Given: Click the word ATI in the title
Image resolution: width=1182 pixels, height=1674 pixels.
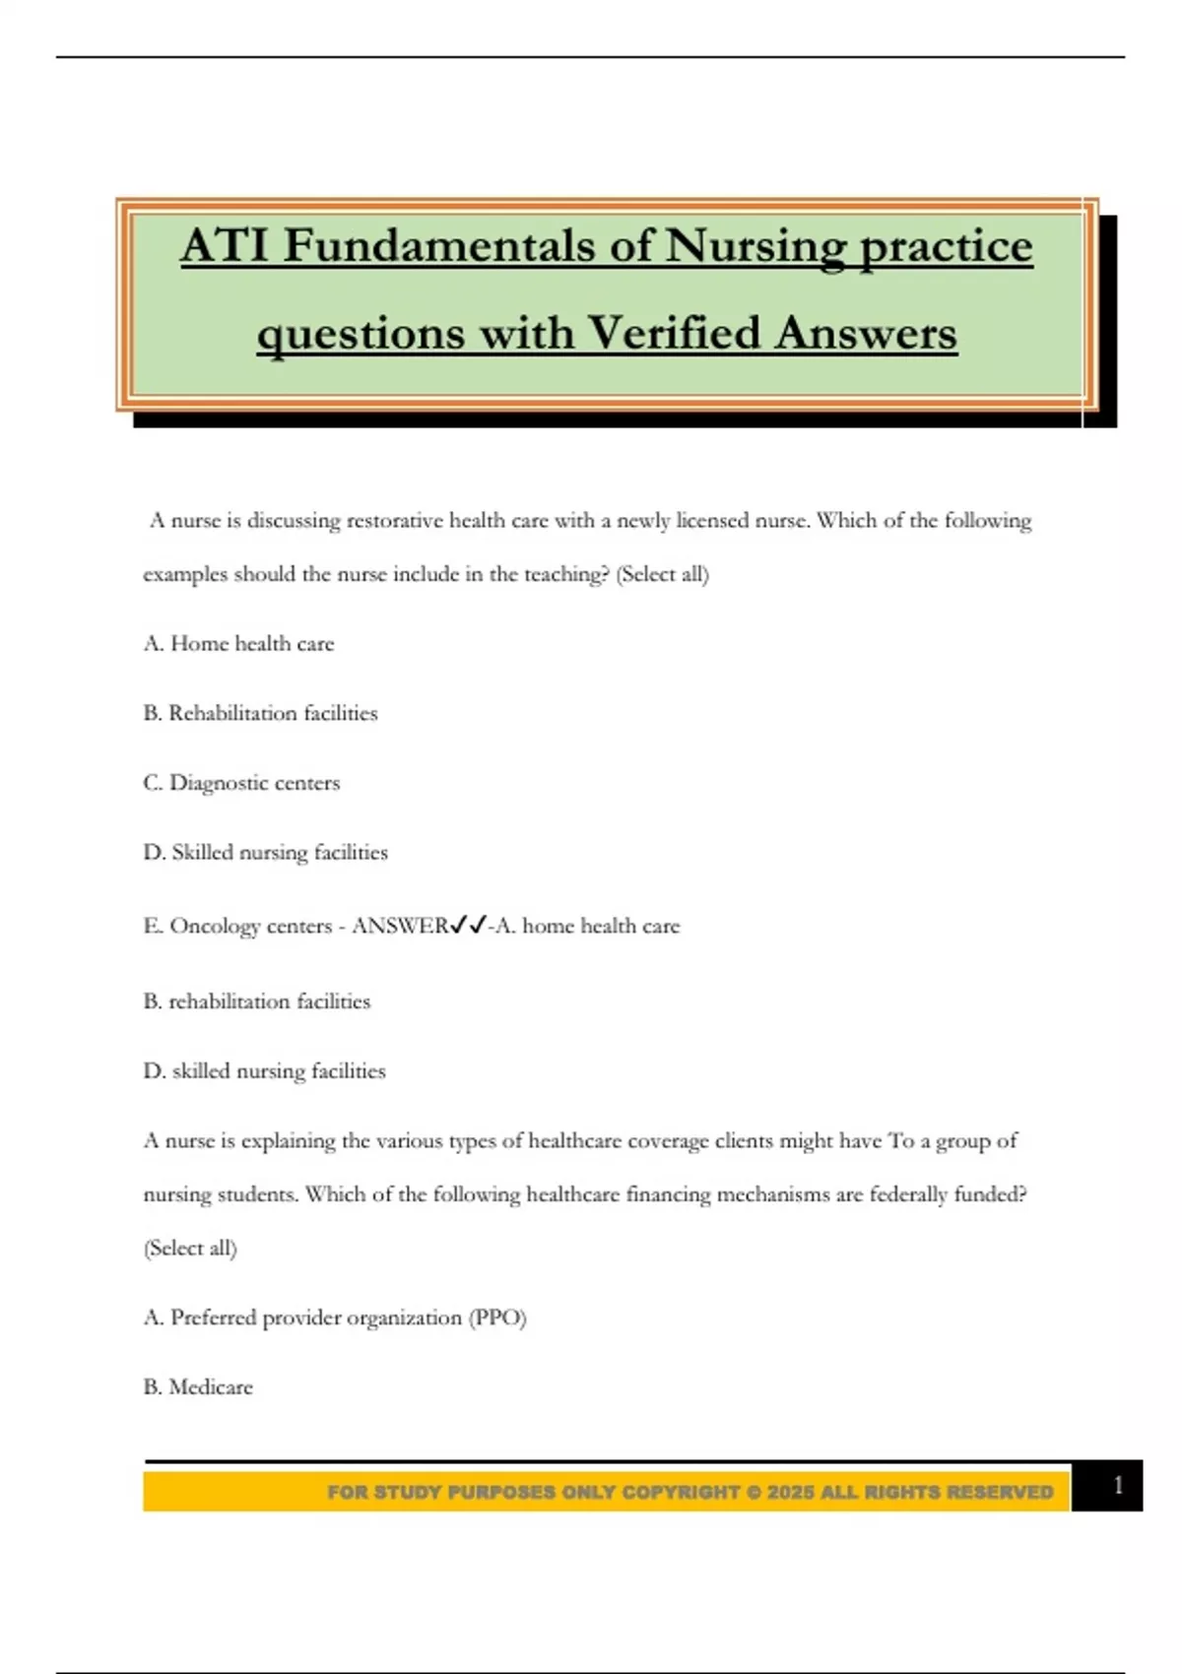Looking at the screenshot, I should pyautogui.click(x=224, y=245).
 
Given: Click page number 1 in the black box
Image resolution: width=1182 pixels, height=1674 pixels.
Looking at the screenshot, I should pyautogui.click(x=1117, y=1485).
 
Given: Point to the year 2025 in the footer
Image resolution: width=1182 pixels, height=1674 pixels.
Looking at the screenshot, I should pyautogui.click(x=791, y=1492).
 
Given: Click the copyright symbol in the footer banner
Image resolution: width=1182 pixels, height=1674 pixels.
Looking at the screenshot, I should pyautogui.click(x=754, y=1492).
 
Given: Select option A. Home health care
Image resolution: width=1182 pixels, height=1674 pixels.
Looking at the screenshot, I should pyautogui.click(x=239, y=643).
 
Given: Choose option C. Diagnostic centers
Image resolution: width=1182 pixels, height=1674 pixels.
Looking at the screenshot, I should pyautogui.click(x=241, y=783).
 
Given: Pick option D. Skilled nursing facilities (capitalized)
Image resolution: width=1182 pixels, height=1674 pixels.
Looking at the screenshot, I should pyautogui.click(x=265, y=852).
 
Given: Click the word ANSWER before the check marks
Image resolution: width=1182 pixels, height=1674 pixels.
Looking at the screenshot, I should pyautogui.click(x=400, y=926).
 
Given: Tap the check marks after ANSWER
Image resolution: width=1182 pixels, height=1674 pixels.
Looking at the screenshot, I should pyautogui.click(x=468, y=925).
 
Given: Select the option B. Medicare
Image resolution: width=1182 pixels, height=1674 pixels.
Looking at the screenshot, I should pyautogui.click(x=198, y=1386).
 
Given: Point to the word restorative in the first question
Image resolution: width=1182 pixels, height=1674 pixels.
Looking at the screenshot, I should pyautogui.click(x=394, y=520).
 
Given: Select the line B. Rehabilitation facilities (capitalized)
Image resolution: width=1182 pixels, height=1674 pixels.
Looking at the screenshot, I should pyautogui.click(x=260, y=713).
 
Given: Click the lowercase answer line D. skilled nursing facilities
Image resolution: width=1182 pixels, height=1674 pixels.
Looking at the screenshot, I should pyautogui.click(x=264, y=1070).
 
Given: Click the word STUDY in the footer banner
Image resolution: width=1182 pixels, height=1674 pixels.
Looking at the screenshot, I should pyautogui.click(x=408, y=1492).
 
